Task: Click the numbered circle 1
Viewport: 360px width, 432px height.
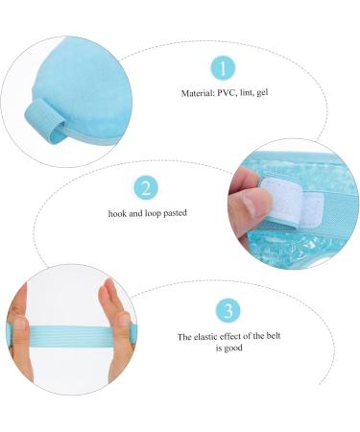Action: pos(223,68)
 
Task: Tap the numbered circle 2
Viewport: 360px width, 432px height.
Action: pos(145,187)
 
